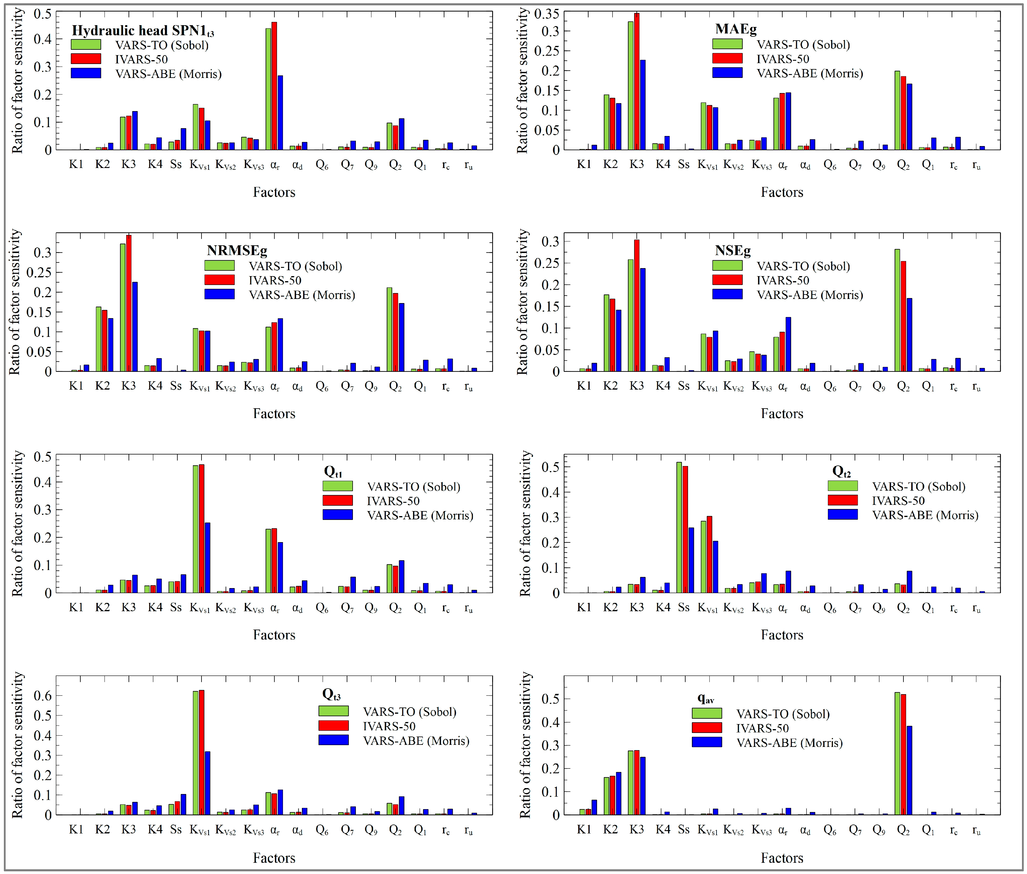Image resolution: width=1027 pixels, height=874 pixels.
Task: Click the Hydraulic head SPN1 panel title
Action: [143, 31]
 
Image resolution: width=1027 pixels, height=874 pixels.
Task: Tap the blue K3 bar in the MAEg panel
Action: [643, 105]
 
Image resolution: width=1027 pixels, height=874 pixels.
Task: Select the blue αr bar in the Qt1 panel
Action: [280, 567]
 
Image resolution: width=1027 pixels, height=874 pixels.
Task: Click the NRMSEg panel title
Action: [237, 250]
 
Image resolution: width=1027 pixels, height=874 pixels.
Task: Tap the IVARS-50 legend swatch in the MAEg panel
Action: [727, 58]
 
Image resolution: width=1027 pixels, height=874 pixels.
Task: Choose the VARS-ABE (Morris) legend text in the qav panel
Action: [789, 743]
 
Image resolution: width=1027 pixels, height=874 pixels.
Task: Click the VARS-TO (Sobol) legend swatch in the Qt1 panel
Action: [337, 486]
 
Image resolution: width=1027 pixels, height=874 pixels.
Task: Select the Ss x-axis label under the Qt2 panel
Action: [683, 607]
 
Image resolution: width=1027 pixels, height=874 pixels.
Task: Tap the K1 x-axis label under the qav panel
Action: [584, 829]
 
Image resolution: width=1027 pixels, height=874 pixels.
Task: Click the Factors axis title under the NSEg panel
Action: [781, 414]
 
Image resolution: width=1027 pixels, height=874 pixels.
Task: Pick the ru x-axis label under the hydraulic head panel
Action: [468, 166]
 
